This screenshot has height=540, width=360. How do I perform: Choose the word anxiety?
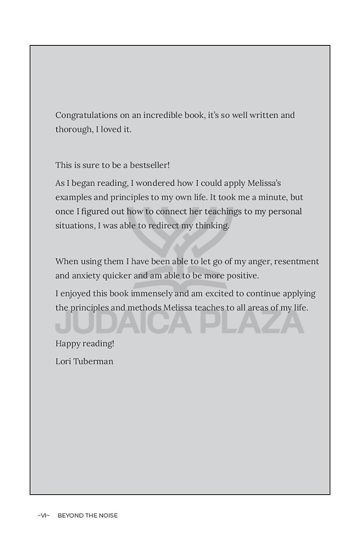[87, 275]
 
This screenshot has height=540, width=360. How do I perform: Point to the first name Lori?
[63, 361]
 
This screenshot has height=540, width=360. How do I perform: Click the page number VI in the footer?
[44, 516]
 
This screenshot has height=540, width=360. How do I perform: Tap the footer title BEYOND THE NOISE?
[87, 516]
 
